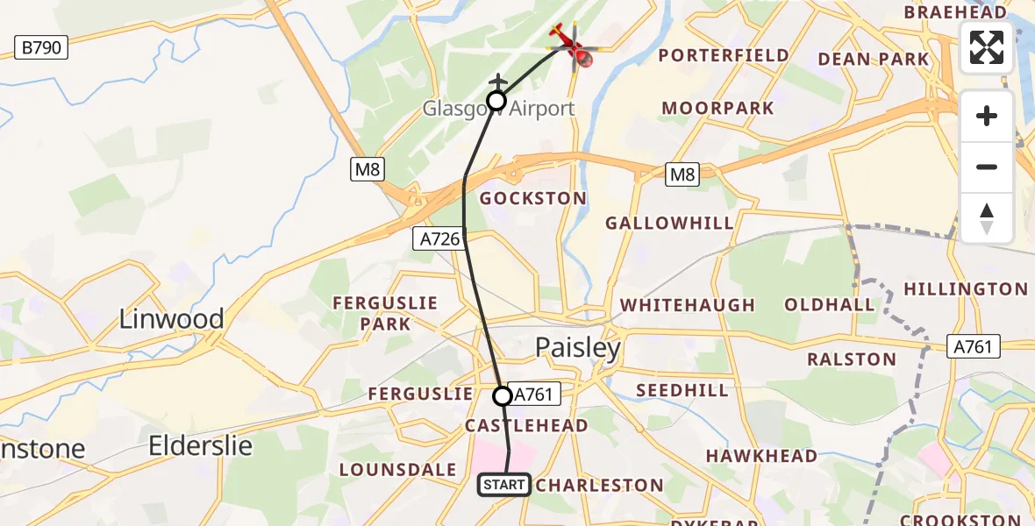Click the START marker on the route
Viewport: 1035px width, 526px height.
pyautogui.click(x=504, y=484)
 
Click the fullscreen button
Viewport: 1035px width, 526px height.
pyautogui.click(x=987, y=47)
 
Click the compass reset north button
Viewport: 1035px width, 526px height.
pyautogui.click(x=987, y=218)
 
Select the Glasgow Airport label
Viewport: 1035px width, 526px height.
pyautogui.click(x=498, y=109)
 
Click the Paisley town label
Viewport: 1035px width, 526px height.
pyautogui.click(x=578, y=348)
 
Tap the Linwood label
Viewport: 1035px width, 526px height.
pyautogui.click(x=172, y=318)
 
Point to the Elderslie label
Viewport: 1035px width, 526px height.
pyautogui.click(x=201, y=445)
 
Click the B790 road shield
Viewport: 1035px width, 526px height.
pyautogui.click(x=41, y=47)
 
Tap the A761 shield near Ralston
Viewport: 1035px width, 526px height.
pyautogui.click(x=974, y=346)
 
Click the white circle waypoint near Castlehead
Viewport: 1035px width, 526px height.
pyautogui.click(x=503, y=396)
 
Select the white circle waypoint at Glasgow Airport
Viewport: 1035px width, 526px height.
pyautogui.click(x=496, y=101)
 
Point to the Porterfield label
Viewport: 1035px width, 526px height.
pyautogui.click(x=724, y=55)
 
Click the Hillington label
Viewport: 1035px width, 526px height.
pyautogui.click(x=965, y=288)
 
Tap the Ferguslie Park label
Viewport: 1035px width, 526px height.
pyautogui.click(x=385, y=313)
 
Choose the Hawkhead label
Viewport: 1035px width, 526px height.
pyautogui.click(x=761, y=456)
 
